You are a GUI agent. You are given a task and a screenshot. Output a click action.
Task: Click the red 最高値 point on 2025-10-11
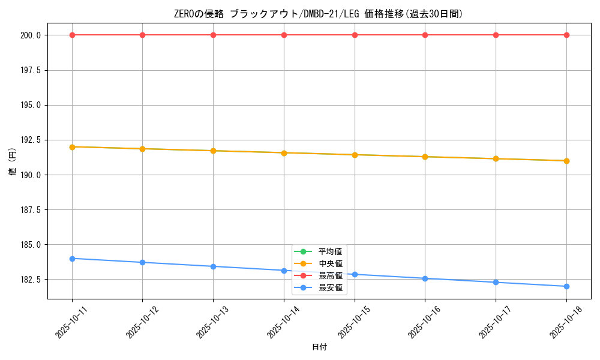click(72, 35)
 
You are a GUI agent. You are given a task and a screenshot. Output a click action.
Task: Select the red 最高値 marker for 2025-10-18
click(566, 35)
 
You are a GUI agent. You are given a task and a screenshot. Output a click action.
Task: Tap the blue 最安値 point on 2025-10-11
click(72, 259)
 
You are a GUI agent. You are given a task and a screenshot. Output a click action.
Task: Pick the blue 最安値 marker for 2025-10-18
click(566, 286)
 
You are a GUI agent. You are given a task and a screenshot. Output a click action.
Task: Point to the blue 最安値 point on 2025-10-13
click(213, 266)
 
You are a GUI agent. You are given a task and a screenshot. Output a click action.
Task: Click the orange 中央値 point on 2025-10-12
click(142, 149)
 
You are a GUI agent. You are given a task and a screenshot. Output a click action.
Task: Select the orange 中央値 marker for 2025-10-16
click(425, 157)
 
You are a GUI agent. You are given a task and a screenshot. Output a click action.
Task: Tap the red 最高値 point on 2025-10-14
click(284, 35)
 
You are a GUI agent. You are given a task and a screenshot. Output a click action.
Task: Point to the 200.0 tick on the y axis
click(31, 35)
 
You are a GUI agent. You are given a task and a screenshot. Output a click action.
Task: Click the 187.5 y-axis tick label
click(31, 210)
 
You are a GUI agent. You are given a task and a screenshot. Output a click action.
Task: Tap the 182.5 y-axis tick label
click(31, 280)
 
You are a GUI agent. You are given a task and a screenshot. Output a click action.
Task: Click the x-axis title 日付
click(319, 347)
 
